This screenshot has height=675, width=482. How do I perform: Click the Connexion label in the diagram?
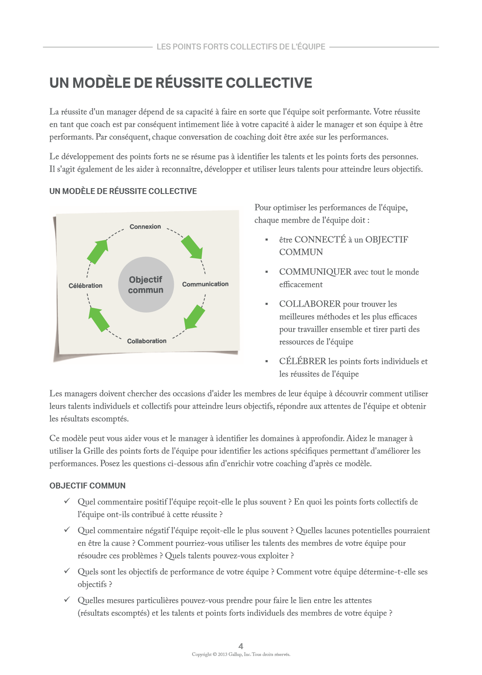[x=145, y=227]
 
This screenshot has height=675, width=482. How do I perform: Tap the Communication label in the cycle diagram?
[x=205, y=284]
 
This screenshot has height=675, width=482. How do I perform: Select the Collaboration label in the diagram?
[x=147, y=341]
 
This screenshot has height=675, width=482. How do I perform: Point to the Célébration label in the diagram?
[x=85, y=285]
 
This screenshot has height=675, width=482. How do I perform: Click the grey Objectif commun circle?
[x=146, y=285]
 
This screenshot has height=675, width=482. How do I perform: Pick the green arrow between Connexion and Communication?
[x=192, y=247]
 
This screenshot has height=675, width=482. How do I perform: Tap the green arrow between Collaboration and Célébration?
[x=98, y=319]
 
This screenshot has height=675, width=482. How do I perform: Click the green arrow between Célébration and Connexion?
[x=98, y=251]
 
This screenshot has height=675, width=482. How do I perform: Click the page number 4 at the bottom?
[x=241, y=646]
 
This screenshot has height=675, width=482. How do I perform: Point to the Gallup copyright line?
[x=241, y=654]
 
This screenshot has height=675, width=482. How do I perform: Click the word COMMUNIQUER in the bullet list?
[x=315, y=272]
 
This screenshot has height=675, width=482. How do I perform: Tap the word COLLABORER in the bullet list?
[x=310, y=304]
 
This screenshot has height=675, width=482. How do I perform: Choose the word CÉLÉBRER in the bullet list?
[x=302, y=361]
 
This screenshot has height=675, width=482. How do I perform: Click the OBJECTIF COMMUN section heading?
[x=87, y=486]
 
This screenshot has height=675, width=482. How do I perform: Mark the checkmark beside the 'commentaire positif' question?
[x=67, y=501]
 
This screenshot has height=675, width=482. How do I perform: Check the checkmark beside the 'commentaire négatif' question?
[x=67, y=530]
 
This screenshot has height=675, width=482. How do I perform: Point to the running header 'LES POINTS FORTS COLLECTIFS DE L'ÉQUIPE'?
[x=241, y=47]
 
